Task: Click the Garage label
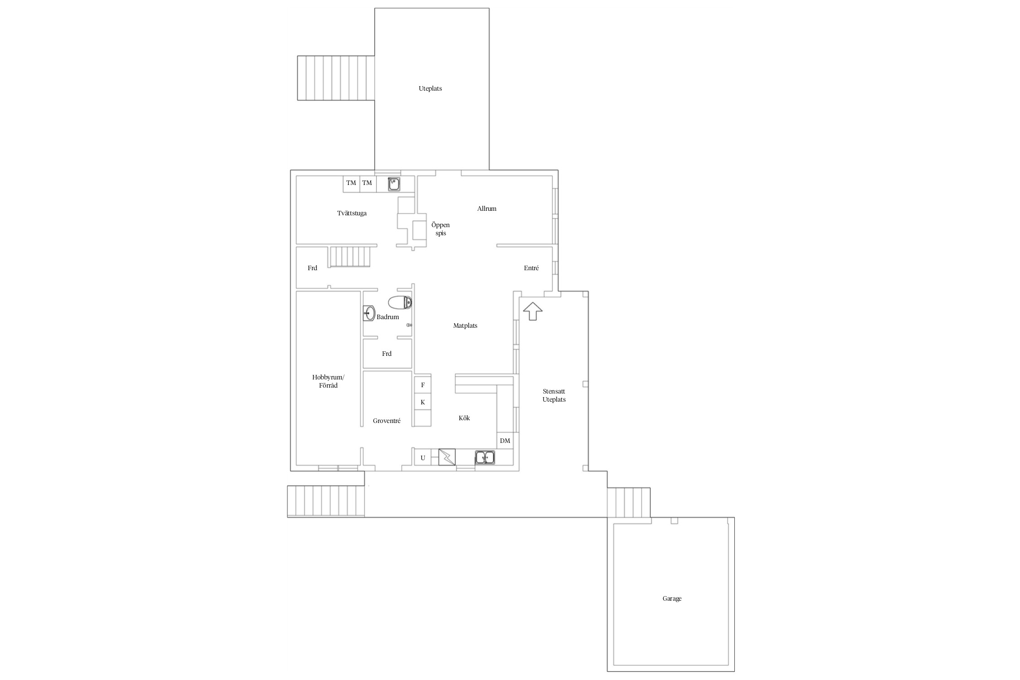pyautogui.click(x=672, y=598)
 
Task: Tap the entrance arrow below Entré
pyautogui.click(x=533, y=311)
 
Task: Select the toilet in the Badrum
pyautogui.click(x=400, y=302)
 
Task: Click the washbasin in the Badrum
pyautogui.click(x=369, y=313)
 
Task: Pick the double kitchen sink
pyautogui.click(x=485, y=457)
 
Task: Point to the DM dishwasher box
pyautogui.click(x=505, y=441)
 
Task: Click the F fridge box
pyautogui.click(x=423, y=385)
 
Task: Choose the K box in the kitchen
pyautogui.click(x=423, y=402)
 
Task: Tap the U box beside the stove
pyautogui.click(x=423, y=458)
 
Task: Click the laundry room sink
pyautogui.click(x=394, y=184)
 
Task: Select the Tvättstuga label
pyautogui.click(x=352, y=213)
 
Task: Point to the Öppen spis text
pyautogui.click(x=441, y=229)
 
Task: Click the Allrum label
pyautogui.click(x=487, y=209)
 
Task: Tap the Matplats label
pyautogui.click(x=465, y=325)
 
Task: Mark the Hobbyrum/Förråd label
pyautogui.click(x=328, y=381)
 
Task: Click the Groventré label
pyautogui.click(x=387, y=421)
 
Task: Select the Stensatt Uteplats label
pyautogui.click(x=554, y=395)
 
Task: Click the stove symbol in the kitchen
pyautogui.click(x=447, y=457)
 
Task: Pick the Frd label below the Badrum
pyautogui.click(x=387, y=354)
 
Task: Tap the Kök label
pyautogui.click(x=464, y=418)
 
